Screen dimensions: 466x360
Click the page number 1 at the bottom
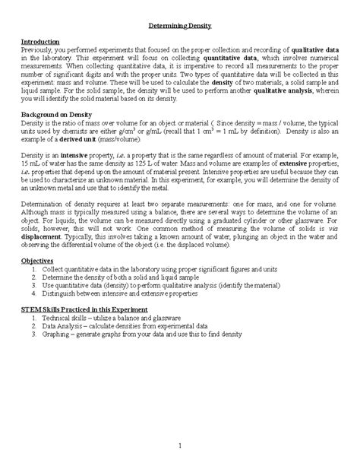coord(179,445)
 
